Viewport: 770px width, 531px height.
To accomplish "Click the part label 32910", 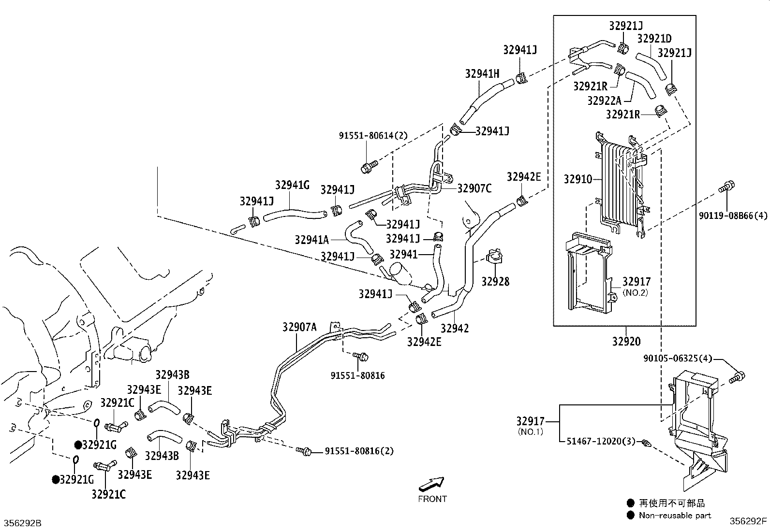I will pos(577,179).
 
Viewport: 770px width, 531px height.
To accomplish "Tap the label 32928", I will pos(495,281).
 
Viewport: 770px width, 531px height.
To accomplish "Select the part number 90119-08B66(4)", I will pos(732,216).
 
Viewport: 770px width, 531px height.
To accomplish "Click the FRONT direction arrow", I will pos(431,484).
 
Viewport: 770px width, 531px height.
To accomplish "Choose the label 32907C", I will pos(474,188).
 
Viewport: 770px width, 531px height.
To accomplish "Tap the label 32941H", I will pos(482,73).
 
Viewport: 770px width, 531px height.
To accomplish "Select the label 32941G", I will pos(292,185).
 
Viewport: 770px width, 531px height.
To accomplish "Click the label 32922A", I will pos(605,100).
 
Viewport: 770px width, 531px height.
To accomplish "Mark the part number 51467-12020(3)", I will pos(599,441).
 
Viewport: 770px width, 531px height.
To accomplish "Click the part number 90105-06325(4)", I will pos(678,359).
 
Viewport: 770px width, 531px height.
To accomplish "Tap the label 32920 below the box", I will pos(626,342).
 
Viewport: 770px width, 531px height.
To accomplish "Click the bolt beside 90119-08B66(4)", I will pos(726,187).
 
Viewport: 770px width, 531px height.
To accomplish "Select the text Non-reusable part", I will pos(675,516).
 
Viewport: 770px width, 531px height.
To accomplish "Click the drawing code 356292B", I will pos(23,523).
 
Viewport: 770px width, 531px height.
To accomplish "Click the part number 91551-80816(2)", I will pos(359,451).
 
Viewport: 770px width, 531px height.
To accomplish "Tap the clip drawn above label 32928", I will pos(495,256).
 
